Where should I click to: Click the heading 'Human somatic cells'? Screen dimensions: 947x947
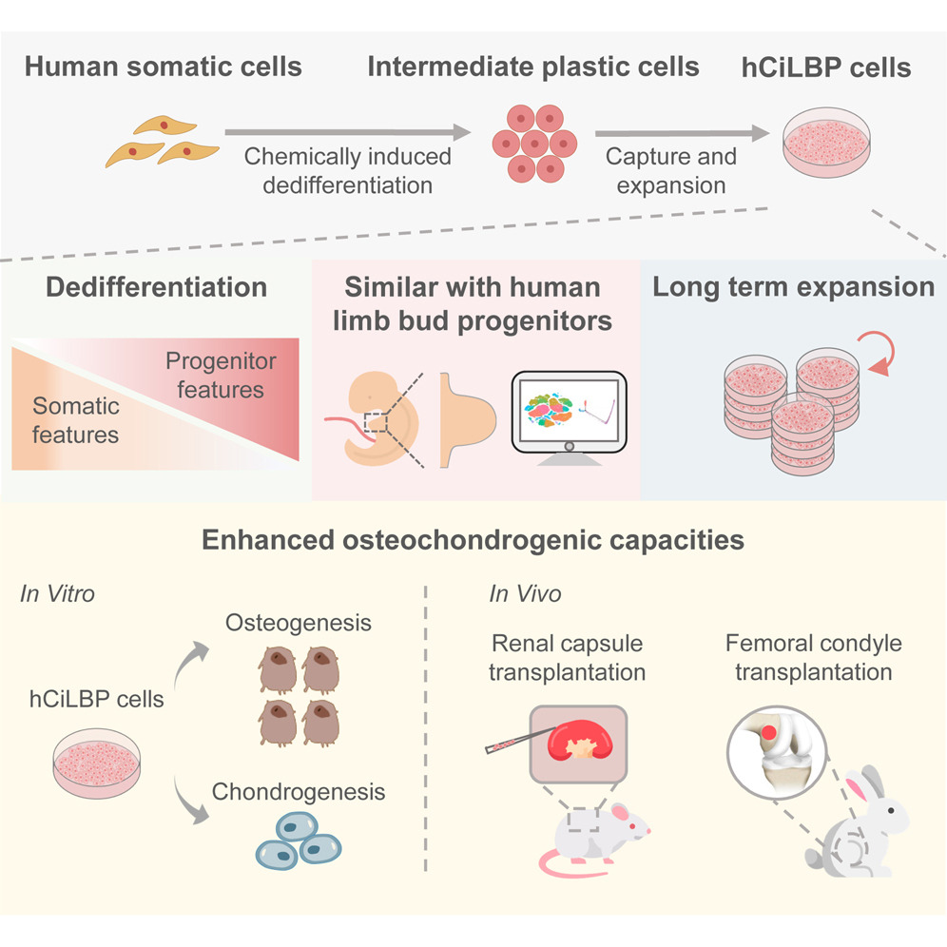click(163, 68)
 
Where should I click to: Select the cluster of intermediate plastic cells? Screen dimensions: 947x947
click(534, 143)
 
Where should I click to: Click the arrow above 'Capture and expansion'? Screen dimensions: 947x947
click(676, 133)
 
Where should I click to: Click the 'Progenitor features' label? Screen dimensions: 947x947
click(221, 375)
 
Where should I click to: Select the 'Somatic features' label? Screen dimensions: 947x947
click(76, 420)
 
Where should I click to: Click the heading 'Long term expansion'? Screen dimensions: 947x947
click(793, 287)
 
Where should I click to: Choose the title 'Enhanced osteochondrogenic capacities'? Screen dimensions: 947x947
click(473, 541)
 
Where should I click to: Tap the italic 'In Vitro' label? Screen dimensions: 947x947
click(57, 594)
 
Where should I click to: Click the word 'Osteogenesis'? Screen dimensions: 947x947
click(299, 623)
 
